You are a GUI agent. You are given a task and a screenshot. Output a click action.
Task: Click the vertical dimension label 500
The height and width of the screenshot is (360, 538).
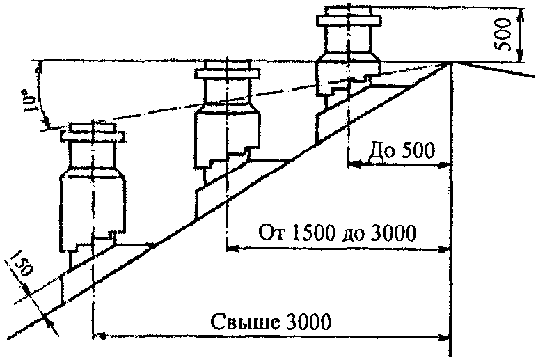click(x=504, y=34)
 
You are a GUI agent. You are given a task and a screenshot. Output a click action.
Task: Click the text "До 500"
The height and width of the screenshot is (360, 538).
click(x=402, y=150)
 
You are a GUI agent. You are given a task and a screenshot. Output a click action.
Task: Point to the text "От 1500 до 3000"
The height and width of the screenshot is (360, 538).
click(x=338, y=233)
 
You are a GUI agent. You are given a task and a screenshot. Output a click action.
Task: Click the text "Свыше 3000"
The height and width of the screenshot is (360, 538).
click(x=271, y=322)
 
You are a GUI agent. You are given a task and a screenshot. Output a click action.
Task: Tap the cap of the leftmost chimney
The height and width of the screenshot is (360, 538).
click(x=93, y=132)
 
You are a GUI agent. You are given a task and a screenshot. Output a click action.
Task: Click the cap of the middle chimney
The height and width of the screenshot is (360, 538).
click(x=227, y=70)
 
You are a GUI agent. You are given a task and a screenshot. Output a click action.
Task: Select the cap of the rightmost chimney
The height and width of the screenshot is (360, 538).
click(x=348, y=16)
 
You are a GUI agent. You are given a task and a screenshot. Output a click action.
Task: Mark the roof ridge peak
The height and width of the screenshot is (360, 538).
click(x=450, y=63)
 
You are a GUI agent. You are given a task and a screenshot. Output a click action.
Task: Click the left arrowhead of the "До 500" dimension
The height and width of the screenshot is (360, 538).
click(x=354, y=165)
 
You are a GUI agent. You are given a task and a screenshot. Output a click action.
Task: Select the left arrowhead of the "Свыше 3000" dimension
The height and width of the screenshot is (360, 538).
click(x=100, y=336)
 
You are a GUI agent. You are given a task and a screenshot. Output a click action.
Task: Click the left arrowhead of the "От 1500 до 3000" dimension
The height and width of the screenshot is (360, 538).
click(x=232, y=249)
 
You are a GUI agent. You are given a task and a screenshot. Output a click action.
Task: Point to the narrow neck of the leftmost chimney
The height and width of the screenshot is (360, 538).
click(x=93, y=155)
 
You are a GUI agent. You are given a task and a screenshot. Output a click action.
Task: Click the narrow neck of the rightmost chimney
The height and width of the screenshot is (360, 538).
click(x=348, y=39)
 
